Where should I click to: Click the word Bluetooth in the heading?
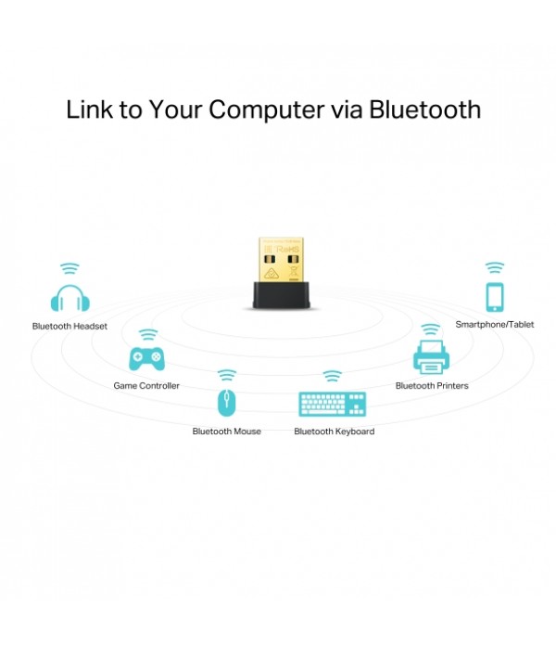point(424,110)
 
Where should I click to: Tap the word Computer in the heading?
point(268,110)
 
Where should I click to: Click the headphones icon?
point(69,299)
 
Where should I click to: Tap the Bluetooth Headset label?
point(69,327)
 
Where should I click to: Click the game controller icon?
point(146,357)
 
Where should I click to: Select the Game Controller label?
point(146,385)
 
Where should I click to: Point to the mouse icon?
point(226,403)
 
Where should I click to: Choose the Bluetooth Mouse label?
point(226,432)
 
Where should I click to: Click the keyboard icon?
point(333,405)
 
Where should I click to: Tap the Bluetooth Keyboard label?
point(334,432)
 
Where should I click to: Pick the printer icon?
point(431,357)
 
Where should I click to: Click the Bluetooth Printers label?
point(432,385)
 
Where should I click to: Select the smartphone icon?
point(494,296)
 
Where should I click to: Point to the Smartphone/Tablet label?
point(494,325)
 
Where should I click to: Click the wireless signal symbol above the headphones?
point(69,269)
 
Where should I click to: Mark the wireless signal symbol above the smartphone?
point(494,267)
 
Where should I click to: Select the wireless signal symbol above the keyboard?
point(333,376)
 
